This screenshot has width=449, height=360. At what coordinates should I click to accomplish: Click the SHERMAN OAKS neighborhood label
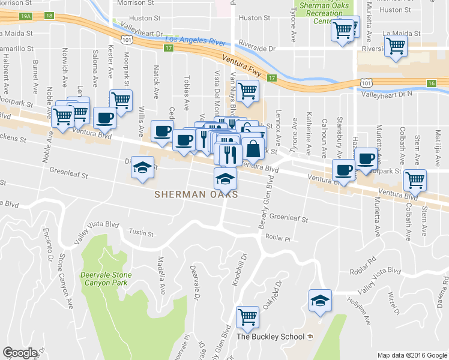(196, 194)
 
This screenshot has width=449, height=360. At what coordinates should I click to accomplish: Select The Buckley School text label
(271, 336)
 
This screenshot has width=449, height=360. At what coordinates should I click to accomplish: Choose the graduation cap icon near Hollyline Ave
(320, 301)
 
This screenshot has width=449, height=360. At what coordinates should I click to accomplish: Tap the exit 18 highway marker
(49, 16)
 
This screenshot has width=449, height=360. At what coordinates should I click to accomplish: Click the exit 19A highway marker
(25, 16)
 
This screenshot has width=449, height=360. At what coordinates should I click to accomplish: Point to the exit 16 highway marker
(431, 83)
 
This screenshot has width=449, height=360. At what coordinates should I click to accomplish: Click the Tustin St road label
(142, 233)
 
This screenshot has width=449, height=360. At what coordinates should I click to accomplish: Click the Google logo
(19, 352)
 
